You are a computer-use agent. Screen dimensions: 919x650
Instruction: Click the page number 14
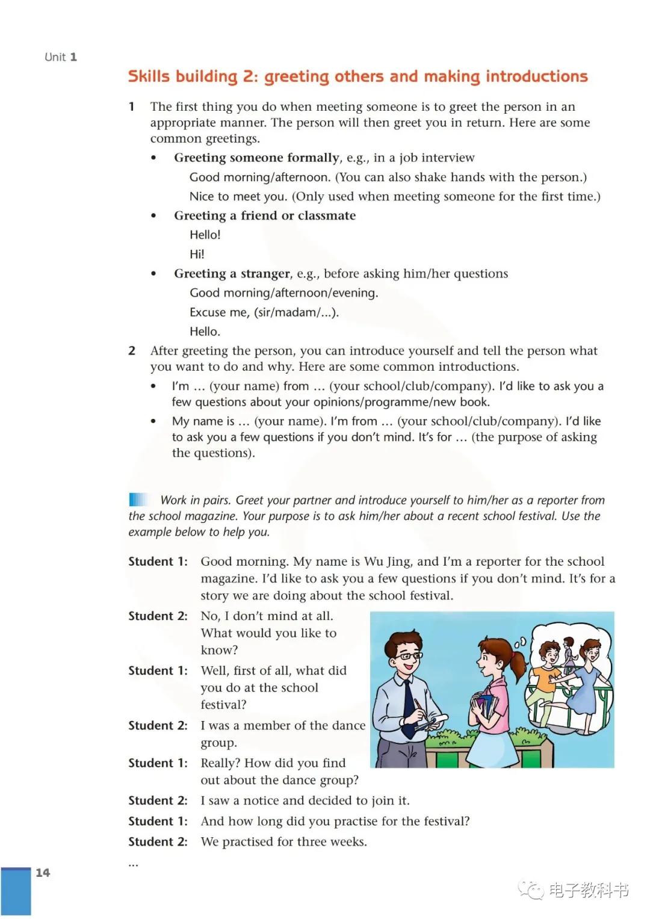coord(43,873)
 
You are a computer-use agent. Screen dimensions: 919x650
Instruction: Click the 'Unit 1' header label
coord(61,57)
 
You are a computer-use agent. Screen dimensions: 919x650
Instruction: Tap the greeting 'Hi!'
coord(197,254)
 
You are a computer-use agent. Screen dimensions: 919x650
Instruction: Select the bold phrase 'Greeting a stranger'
coord(232,274)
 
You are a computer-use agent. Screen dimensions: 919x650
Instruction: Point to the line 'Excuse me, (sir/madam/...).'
coord(264,312)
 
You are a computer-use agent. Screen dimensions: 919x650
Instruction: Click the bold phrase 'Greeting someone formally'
coord(256,158)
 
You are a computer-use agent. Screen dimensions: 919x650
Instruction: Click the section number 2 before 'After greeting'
coord(132,351)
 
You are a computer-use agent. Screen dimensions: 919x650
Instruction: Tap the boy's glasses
coord(407,656)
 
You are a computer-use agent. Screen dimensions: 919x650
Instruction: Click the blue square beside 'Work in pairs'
coord(138,500)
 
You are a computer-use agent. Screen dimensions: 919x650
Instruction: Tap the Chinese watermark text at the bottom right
coord(588,890)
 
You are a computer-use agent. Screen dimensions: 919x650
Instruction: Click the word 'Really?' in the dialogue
coord(220,763)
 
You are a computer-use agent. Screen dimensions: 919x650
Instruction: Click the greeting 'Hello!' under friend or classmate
coord(205,235)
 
